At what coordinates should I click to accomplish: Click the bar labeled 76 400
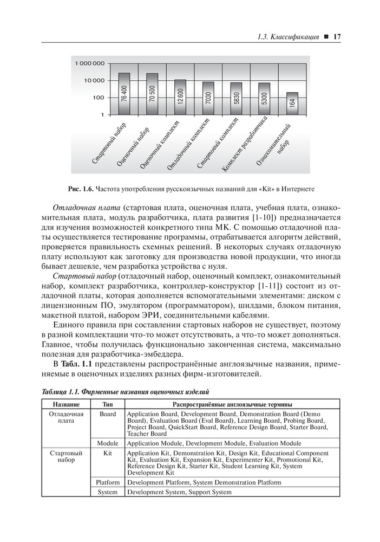coord(125,94)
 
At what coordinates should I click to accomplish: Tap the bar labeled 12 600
coord(181,98)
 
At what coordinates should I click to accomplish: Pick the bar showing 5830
coord(237,99)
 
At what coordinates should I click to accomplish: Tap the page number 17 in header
coord(335,37)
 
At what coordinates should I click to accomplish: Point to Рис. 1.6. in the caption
coord(81,189)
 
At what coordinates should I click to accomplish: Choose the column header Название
coord(66,404)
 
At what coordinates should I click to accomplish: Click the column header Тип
coord(108,404)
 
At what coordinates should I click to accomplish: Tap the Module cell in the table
coord(108,443)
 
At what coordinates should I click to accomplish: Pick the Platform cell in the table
coord(108,482)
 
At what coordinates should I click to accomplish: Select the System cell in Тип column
coord(108,492)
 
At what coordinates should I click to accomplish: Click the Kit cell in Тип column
coord(108,453)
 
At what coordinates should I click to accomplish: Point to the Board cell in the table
coord(108,414)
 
